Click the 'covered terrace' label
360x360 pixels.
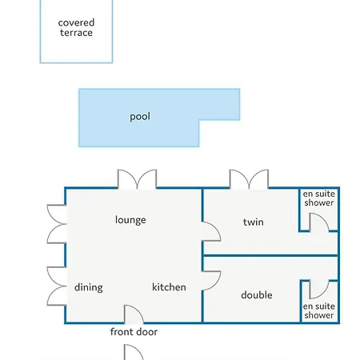(76, 27)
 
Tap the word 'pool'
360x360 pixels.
(140, 117)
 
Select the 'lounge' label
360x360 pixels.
(130, 220)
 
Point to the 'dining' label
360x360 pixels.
(89, 287)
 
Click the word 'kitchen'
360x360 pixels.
(169, 287)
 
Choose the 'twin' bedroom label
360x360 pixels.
(254, 222)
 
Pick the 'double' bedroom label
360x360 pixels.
(257, 295)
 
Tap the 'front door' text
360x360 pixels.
(134, 332)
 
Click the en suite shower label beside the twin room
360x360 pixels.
(319, 198)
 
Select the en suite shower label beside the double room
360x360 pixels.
(319, 310)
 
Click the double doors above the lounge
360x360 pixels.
(137, 179)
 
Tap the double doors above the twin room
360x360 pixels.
(249, 179)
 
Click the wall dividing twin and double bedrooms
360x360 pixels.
(270, 255)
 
